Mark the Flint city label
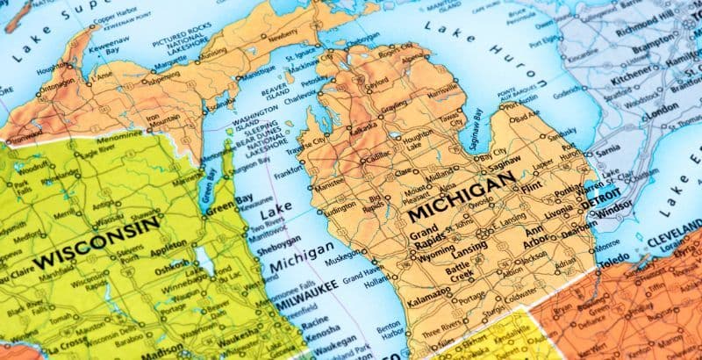[x=531, y=186]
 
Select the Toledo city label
[x=613, y=261]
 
